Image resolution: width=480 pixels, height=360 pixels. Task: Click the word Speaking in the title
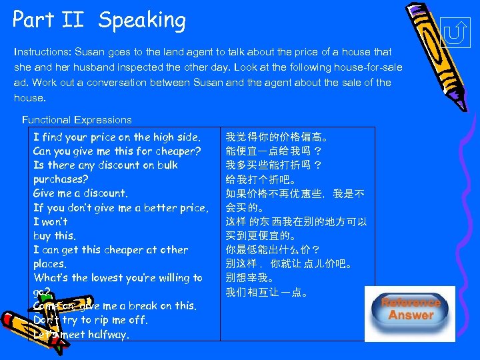tap(142, 20)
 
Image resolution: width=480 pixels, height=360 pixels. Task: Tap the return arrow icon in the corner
tap(455, 32)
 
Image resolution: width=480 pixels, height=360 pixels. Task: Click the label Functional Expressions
tap(77, 120)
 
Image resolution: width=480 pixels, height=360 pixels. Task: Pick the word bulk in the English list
tap(164, 165)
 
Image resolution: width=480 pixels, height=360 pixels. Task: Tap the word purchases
tap(61, 179)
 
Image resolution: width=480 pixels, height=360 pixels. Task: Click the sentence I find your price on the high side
tap(117, 137)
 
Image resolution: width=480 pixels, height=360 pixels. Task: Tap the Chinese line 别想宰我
tap(250, 277)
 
